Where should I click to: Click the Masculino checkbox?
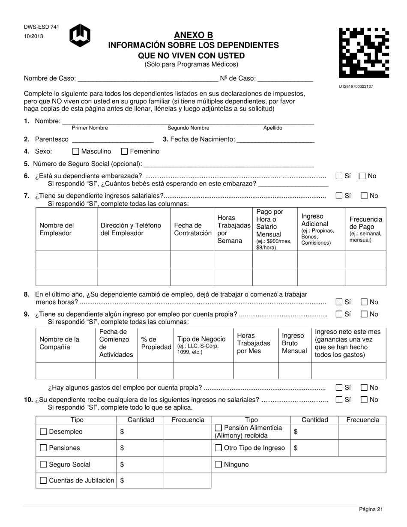[x=76, y=151]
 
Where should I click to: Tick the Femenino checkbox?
[x=124, y=151]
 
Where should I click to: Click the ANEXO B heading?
[x=193, y=35]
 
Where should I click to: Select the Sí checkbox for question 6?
[x=339, y=176]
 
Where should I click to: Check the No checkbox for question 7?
[x=364, y=196]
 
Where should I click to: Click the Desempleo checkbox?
[x=43, y=432]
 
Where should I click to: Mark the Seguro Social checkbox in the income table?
[x=43, y=464]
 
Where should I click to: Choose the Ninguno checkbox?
[x=218, y=464]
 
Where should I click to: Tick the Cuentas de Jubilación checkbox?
[x=43, y=481]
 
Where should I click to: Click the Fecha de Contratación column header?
[x=192, y=229]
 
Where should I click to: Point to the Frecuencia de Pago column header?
[x=365, y=229]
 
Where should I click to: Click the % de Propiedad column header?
[x=156, y=343]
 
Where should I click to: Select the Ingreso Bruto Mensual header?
[x=294, y=343]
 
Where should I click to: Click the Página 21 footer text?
[x=371, y=509]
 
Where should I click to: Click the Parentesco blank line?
[x=113, y=139]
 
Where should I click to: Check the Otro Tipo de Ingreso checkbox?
[x=218, y=448]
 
